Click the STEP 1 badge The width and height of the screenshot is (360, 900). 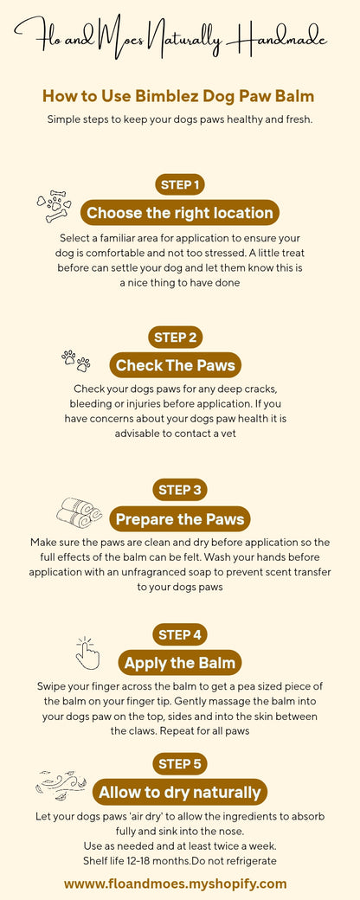180,184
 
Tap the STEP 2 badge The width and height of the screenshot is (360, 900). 180,337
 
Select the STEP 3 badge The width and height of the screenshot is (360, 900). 180,490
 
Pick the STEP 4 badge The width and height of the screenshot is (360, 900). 180,634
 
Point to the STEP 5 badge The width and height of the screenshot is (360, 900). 180,763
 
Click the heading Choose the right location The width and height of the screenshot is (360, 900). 180,213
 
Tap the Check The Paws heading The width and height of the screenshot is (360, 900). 176,365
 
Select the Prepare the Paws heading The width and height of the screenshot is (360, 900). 180,519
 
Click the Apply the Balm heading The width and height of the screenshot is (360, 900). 180,664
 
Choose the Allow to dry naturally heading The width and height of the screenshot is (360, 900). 180,792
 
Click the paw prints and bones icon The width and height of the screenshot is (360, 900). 54,208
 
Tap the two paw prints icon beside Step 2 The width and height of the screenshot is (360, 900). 76,359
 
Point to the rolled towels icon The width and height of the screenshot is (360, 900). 79,512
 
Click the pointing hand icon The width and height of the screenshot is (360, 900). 88,654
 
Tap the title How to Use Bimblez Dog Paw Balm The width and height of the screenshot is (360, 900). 178,96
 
